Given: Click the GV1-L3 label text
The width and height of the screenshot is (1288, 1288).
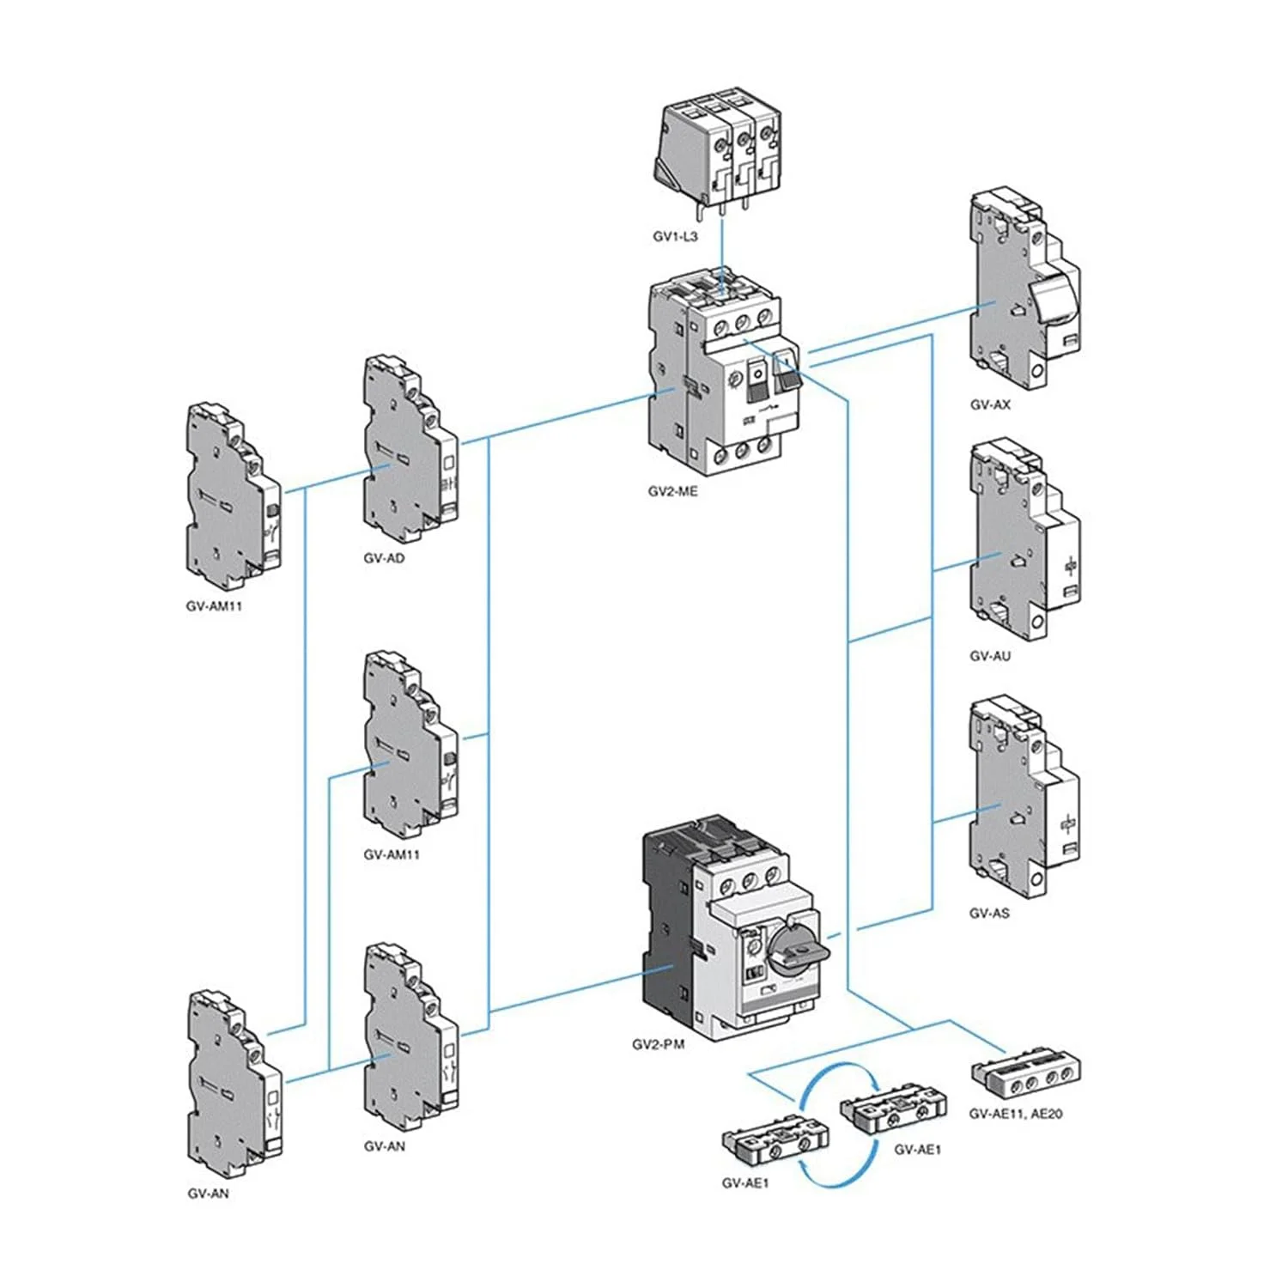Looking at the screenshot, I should pyautogui.click(x=675, y=236).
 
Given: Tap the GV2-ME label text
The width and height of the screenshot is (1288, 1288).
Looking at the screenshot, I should pyautogui.click(x=672, y=492).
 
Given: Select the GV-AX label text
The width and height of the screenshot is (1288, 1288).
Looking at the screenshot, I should pyautogui.click(x=990, y=404).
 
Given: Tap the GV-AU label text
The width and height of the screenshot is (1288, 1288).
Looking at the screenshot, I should pyautogui.click(x=990, y=656).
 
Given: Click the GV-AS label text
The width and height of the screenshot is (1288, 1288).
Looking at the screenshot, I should pyautogui.click(x=989, y=913).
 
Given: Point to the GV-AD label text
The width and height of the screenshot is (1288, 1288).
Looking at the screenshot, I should pyautogui.click(x=384, y=558).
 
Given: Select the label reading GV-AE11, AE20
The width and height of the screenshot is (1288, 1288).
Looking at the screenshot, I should pyautogui.click(x=1016, y=1114).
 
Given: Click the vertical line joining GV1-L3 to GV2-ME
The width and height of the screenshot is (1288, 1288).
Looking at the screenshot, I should pyautogui.click(x=721, y=253).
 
